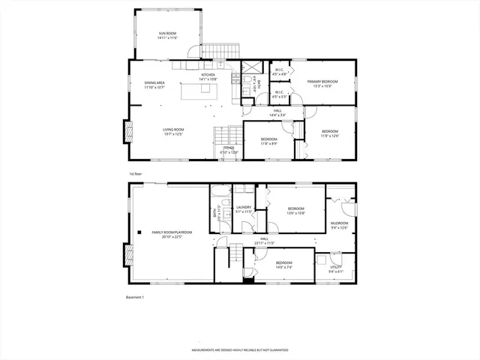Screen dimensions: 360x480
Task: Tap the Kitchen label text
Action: [208, 76]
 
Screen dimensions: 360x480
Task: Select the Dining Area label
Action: [155, 85]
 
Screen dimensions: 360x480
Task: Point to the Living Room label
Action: [174, 133]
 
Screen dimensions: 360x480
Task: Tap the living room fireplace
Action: [127, 134]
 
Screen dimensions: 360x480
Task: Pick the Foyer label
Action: [229, 150]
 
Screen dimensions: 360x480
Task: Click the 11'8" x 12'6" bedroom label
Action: [331, 133]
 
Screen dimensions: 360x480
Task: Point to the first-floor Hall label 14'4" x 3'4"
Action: [277, 113]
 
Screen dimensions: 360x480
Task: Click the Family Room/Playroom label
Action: [172, 235]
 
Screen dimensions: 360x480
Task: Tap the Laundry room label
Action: [243, 209]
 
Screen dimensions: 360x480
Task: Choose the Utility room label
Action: [335, 268]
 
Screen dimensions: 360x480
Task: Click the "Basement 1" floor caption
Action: [135, 298]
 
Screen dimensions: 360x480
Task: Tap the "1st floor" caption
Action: [135, 173]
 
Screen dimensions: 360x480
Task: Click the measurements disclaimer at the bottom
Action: [239, 350]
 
